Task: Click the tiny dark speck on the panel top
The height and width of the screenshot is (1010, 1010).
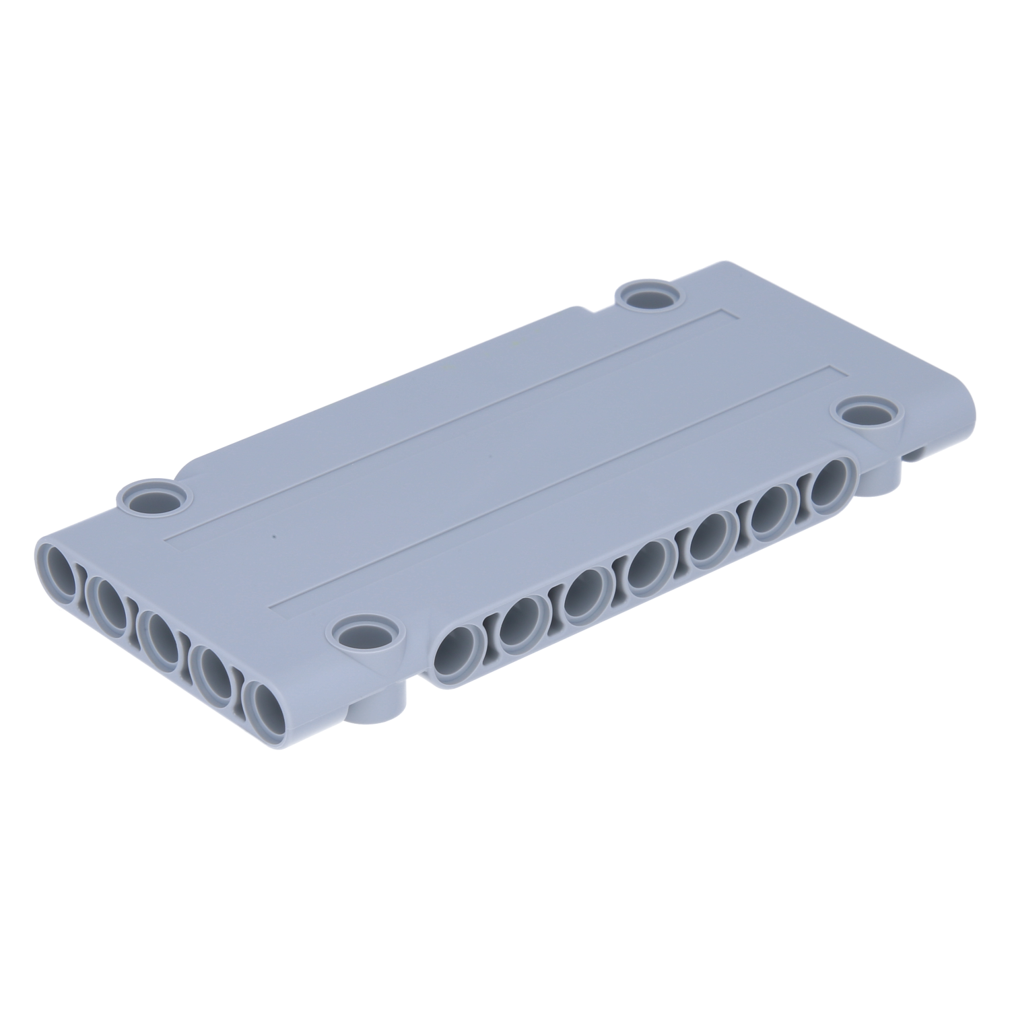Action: coord(273,537)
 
